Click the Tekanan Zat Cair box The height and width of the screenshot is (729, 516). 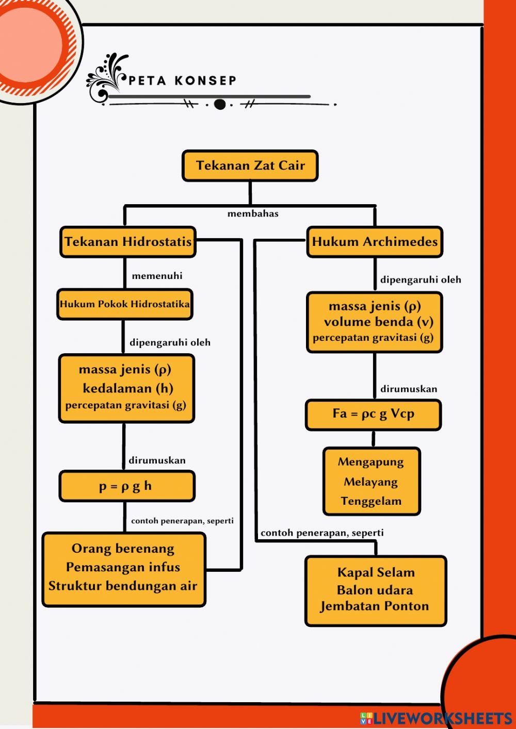pyautogui.click(x=250, y=165)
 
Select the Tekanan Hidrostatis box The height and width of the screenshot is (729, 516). pyautogui.click(x=128, y=241)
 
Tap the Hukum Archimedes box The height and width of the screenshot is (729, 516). pyautogui.click(x=375, y=241)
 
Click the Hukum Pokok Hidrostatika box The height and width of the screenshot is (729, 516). pyautogui.click(x=124, y=304)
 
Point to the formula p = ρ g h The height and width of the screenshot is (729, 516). pyautogui.click(x=126, y=486)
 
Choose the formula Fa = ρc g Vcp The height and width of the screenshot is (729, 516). pyautogui.click(x=373, y=414)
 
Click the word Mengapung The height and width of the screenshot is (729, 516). pyautogui.click(x=370, y=462)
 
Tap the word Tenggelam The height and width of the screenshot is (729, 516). pyautogui.click(x=371, y=501)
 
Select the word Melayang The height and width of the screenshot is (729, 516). pyautogui.click(x=370, y=482)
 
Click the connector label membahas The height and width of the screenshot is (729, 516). pyautogui.click(x=253, y=213)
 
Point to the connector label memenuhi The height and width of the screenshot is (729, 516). pyautogui.click(x=157, y=276)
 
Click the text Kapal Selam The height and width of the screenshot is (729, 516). pyautogui.click(x=376, y=572)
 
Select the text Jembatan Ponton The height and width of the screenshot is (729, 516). pyautogui.click(x=375, y=606)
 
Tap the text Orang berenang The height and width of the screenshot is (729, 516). pyautogui.click(x=123, y=549)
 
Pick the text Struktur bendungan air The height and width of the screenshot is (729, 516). pyautogui.click(x=123, y=586)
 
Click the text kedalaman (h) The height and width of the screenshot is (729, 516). pyautogui.click(x=127, y=388)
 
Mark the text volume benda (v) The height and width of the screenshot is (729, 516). pyautogui.click(x=378, y=322)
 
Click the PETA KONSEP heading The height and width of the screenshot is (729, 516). pyautogui.click(x=182, y=81)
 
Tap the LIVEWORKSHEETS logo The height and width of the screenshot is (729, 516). pyautogui.click(x=436, y=718)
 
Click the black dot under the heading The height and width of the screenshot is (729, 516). pyautogui.click(x=220, y=105)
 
